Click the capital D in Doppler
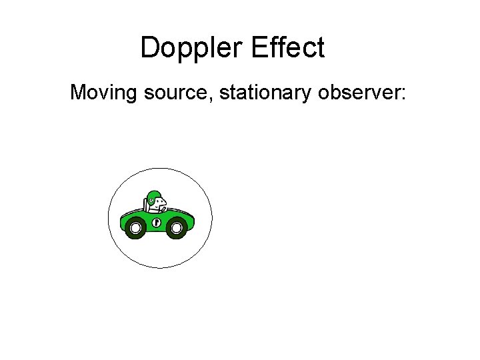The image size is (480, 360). (x=150, y=48)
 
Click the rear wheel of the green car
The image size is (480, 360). (x=135, y=229)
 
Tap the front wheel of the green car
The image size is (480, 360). (x=177, y=229)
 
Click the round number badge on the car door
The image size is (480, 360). (x=157, y=222)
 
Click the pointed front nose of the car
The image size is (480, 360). (x=193, y=219)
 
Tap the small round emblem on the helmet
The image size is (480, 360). (x=152, y=199)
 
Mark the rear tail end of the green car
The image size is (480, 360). (x=122, y=221)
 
